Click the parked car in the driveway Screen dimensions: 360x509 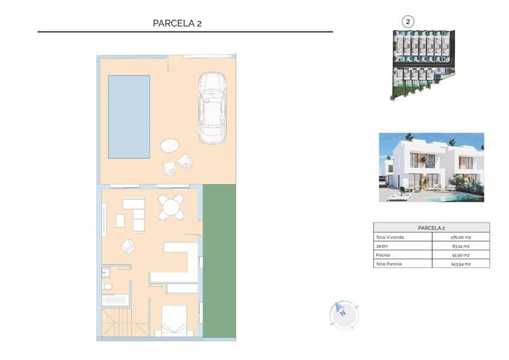(212, 109)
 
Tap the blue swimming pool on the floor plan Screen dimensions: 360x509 (129, 116)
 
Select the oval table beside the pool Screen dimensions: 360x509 (170, 145)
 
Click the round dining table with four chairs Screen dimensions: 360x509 (171, 208)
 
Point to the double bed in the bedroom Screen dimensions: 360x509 (174, 320)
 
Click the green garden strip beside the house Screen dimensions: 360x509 (219, 262)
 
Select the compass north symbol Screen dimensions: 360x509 (342, 313)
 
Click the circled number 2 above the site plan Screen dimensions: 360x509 (408, 22)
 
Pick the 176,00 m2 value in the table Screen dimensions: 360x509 (460, 237)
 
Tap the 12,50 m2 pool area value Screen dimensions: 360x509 (460, 255)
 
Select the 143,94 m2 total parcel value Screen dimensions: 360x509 (460, 264)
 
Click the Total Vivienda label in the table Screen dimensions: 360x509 (390, 237)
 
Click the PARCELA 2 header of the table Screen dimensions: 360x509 (431, 228)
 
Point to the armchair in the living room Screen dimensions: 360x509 (128, 246)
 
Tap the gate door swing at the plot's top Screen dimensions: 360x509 (174, 62)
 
